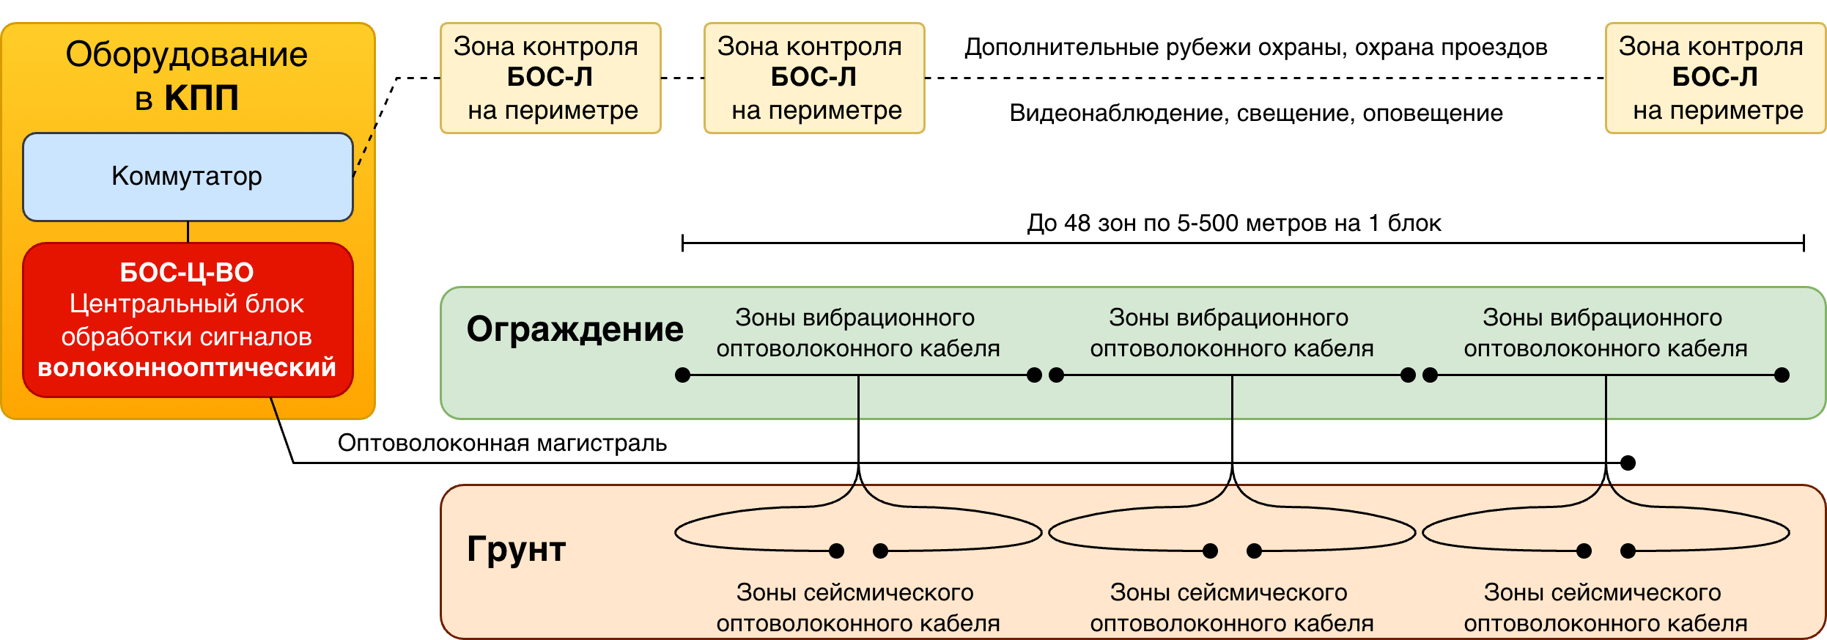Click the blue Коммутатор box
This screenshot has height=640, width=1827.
pyautogui.click(x=188, y=177)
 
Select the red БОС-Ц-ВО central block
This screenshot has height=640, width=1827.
pyautogui.click(x=188, y=320)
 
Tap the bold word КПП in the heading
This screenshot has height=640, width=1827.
pyautogui.click(x=202, y=98)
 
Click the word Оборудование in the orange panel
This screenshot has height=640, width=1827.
pyautogui.click(x=186, y=55)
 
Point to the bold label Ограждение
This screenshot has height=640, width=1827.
pyautogui.click(x=575, y=329)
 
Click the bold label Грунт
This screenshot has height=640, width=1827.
pyautogui.click(x=516, y=549)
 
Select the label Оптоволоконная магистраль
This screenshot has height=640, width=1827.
pyautogui.click(x=502, y=443)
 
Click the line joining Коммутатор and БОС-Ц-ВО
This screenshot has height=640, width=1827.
pyautogui.click(x=188, y=232)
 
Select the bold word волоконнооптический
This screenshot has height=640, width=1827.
pyautogui.click(x=187, y=367)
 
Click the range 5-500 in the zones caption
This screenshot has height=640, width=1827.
pyautogui.click(x=1208, y=223)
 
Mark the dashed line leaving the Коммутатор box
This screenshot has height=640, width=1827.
pyautogui.click(x=365, y=150)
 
